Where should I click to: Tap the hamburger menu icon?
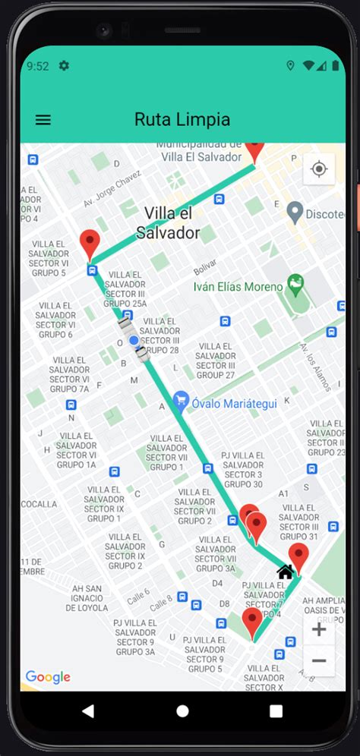click(43, 120)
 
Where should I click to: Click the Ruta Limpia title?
click(182, 120)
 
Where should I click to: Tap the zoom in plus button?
click(319, 629)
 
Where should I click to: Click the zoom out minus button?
click(319, 661)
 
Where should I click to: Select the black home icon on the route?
click(286, 572)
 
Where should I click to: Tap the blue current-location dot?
click(134, 341)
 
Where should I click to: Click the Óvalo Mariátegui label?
click(234, 403)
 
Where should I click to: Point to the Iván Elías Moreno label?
click(238, 287)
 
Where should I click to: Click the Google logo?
click(48, 677)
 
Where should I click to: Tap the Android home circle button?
click(182, 711)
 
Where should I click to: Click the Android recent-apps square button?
click(276, 711)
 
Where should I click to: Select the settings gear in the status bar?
click(64, 66)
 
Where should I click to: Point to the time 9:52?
click(37, 66)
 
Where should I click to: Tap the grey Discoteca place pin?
click(296, 213)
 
